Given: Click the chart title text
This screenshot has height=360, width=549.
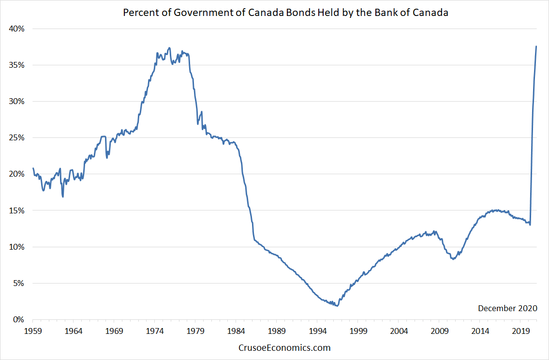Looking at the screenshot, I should coord(285,13).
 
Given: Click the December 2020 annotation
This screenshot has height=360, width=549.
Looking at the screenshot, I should coord(507,308).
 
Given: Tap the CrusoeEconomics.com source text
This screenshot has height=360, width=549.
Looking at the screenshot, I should coord(285,347).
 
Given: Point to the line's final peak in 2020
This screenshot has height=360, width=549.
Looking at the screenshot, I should coord(536,46).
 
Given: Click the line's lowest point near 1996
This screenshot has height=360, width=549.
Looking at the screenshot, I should coord(337,306).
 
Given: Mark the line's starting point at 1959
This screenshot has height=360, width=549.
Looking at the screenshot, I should coord(33,168).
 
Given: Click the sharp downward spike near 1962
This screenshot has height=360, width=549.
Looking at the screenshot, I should coord(62,196).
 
